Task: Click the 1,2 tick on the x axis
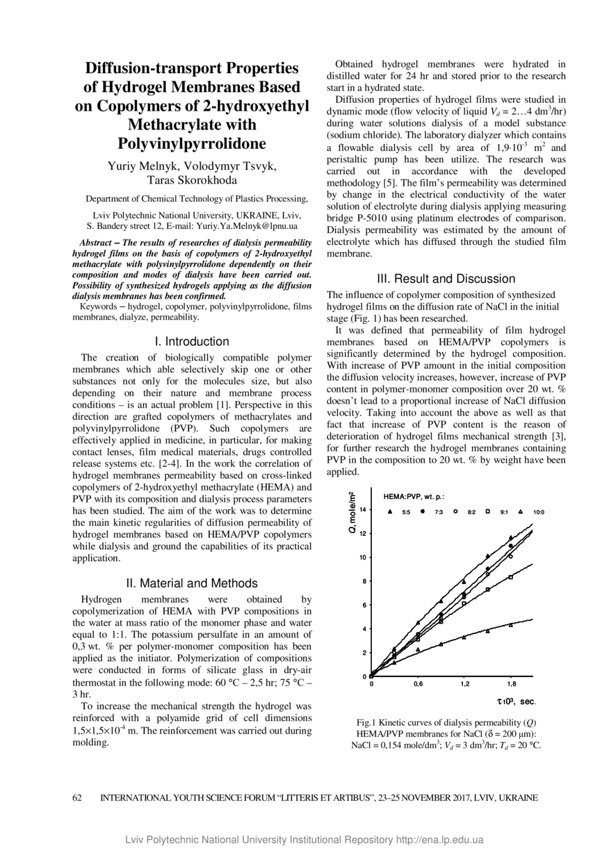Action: [464, 683]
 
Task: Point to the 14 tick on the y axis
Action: [363, 510]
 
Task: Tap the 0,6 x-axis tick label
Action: [418, 683]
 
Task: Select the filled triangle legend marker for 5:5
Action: [390, 512]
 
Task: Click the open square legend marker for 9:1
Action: [487, 512]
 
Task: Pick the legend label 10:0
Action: [539, 512]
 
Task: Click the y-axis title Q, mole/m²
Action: [352, 512]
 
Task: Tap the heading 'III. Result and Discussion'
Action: [446, 278]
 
